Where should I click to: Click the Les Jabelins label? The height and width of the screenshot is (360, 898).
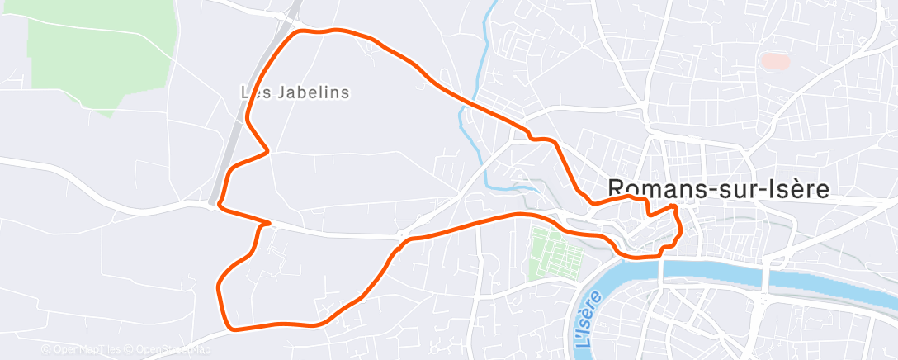pos(295,92)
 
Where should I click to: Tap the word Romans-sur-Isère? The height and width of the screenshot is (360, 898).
pos(717,189)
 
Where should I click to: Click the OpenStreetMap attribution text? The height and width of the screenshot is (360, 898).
pos(168,350)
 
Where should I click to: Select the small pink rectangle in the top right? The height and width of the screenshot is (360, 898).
pos(774,60)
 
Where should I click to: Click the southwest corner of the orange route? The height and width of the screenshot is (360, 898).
pos(231,329)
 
